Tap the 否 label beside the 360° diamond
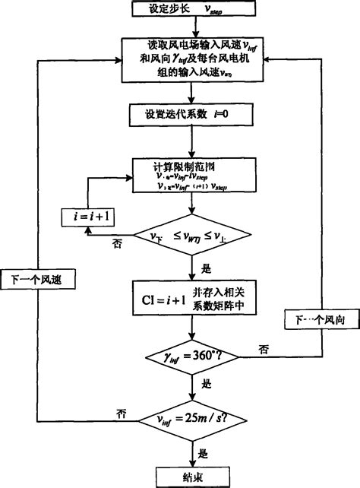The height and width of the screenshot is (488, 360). tap(263, 348)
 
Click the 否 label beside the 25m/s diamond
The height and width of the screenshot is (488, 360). tap(121, 412)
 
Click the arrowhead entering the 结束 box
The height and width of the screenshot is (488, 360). tap(192, 463)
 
